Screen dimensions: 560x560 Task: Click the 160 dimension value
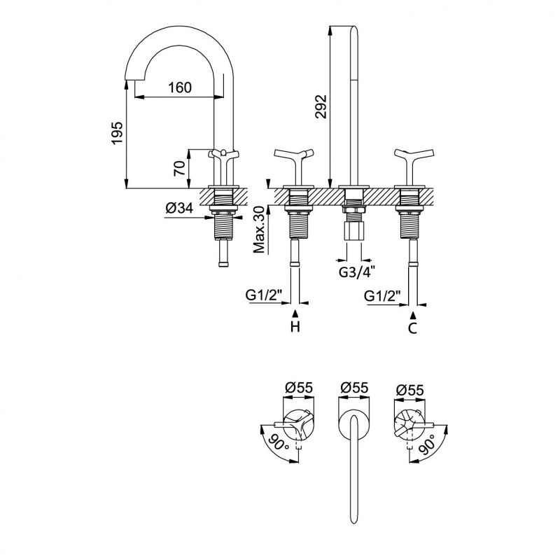[x=180, y=88]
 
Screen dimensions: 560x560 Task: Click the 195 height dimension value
[x=117, y=132]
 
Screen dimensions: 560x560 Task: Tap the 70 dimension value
[x=180, y=168]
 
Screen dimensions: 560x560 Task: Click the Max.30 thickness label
[x=259, y=230]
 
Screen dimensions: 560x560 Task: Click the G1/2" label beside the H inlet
[x=264, y=296]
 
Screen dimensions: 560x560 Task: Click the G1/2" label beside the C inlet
[x=382, y=296]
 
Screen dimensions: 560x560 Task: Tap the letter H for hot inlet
[x=295, y=327]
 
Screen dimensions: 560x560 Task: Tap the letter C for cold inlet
[x=413, y=327]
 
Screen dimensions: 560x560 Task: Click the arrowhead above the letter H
[x=295, y=311]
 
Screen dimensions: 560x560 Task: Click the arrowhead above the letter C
[x=413, y=311]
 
